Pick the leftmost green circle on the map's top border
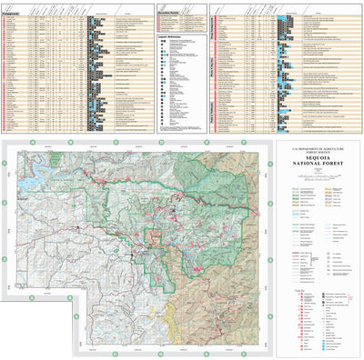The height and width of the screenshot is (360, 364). (31, 143)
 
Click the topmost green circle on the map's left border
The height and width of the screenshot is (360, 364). (4, 163)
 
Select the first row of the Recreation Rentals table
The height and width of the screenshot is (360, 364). (178, 20)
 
